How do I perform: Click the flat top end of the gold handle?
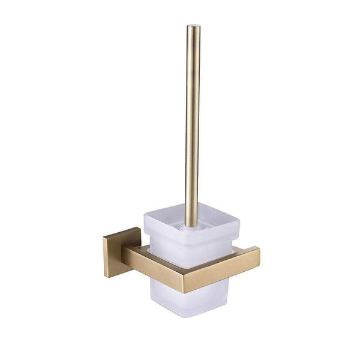pyautogui.click(x=193, y=27)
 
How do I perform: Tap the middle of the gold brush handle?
pyautogui.click(x=192, y=120)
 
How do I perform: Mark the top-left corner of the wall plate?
pyautogui.click(x=103, y=238)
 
